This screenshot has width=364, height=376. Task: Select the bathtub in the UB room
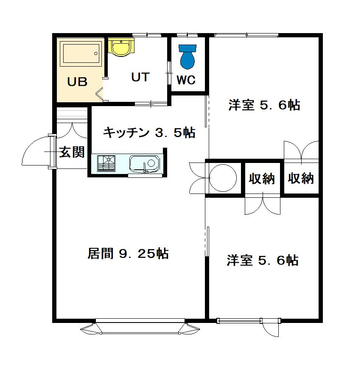[x=81, y=54]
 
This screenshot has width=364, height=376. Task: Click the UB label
[x=78, y=81]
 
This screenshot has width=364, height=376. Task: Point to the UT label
[x=140, y=77]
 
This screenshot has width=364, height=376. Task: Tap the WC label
[x=186, y=80]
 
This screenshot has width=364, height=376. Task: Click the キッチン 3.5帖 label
[x=149, y=133]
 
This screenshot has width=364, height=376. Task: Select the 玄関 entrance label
[x=71, y=152]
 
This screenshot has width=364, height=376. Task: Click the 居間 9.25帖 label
[x=128, y=254]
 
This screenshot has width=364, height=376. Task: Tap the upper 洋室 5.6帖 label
[x=264, y=105]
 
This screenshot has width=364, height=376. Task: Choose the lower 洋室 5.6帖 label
[x=262, y=260]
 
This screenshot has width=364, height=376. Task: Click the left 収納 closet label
[x=262, y=179]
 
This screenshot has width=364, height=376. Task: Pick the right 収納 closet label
[x=301, y=179]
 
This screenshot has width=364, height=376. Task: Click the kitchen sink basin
[x=144, y=163]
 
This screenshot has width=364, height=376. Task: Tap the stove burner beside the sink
[x=106, y=163]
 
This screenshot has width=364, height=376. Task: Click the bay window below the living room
[x=140, y=328]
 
